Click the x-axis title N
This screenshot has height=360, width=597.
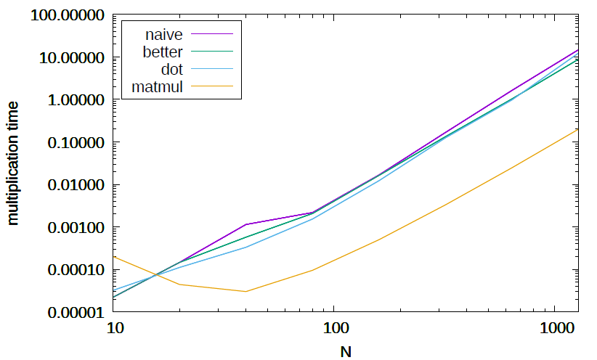tap(346, 351)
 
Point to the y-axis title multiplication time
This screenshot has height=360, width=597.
tap(14, 163)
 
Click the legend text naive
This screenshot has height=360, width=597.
tap(163, 34)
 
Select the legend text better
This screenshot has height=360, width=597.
tap(163, 52)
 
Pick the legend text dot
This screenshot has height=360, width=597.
tap(171, 70)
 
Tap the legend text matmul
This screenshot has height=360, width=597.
tap(157, 88)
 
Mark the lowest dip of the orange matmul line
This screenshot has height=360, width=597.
tap(246, 292)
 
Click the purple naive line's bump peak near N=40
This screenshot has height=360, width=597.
tap(246, 224)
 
